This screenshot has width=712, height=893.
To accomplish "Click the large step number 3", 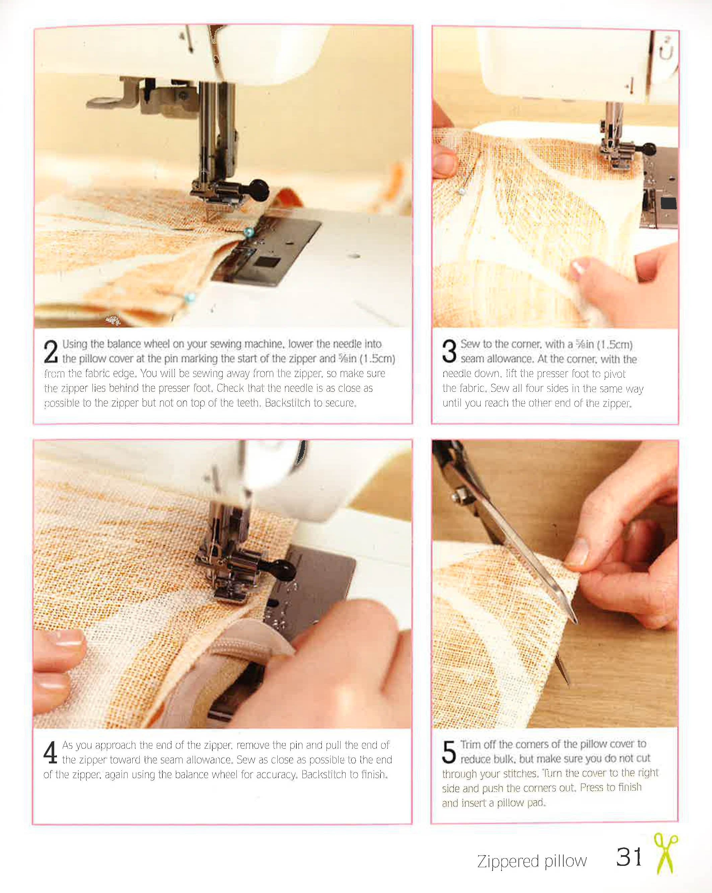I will click(449, 352).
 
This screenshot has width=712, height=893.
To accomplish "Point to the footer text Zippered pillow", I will click(532, 861).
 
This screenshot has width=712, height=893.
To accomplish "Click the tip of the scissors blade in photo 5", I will click(575, 621).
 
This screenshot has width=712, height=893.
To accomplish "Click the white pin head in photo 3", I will click(461, 191).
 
